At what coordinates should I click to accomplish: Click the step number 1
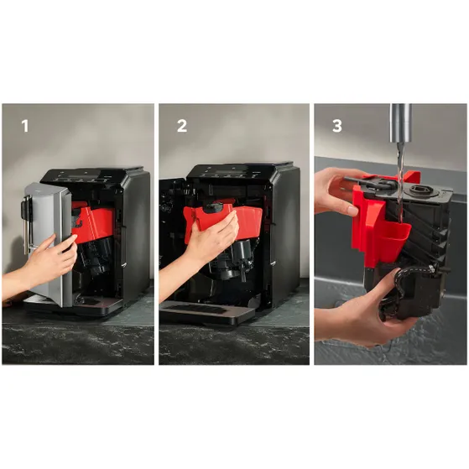pyautogui.click(x=25, y=126)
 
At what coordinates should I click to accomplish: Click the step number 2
pyautogui.click(x=182, y=126)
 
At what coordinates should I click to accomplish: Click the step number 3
pyautogui.click(x=337, y=126)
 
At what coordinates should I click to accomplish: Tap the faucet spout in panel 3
pyautogui.click(x=400, y=123)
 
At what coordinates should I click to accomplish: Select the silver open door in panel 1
pyautogui.click(x=48, y=239)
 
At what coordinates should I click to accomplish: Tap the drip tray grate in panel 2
pyautogui.click(x=195, y=308)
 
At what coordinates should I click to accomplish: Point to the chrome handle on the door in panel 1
pyautogui.click(x=26, y=221)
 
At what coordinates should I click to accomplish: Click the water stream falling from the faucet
pyautogui.click(x=400, y=182)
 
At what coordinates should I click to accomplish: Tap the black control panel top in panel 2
pyautogui.click(x=239, y=172)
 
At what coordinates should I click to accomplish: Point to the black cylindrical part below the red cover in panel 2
pyautogui.click(x=242, y=254)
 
